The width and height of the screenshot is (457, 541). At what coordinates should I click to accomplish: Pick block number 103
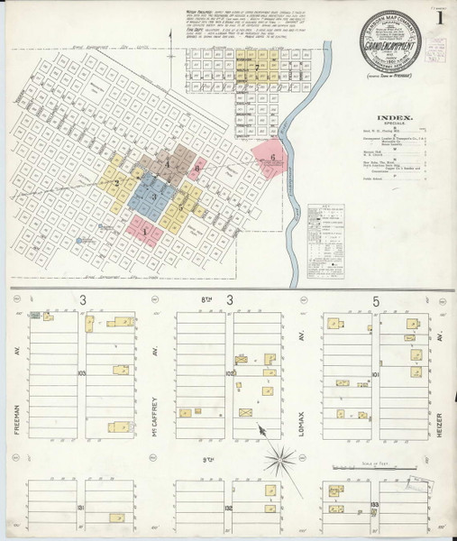coord(82,371)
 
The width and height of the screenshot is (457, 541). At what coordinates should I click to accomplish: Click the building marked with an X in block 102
coord(244,411)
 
